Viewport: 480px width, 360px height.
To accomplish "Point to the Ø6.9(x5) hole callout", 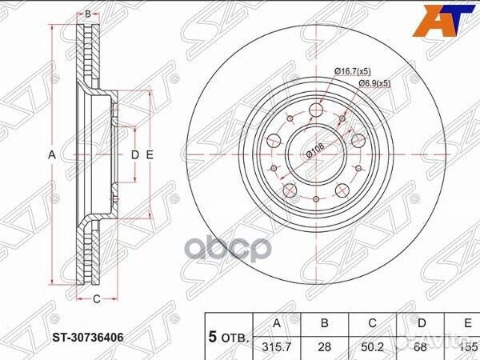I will click(x=373, y=83).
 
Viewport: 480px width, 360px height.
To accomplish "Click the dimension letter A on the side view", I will click(x=50, y=154).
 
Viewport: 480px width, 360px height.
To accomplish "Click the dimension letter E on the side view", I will click(x=150, y=154).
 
